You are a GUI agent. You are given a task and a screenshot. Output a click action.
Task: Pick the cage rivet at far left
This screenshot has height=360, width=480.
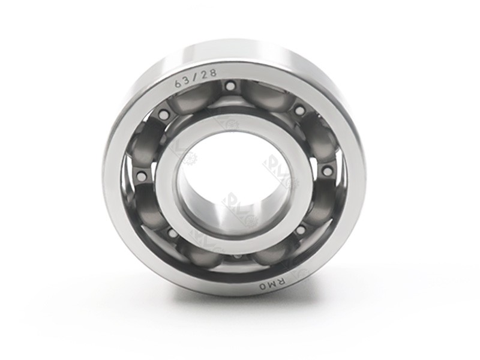pyautogui.click(x=141, y=176)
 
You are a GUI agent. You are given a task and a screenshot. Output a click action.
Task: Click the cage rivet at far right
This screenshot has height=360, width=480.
pyautogui.click(x=327, y=172)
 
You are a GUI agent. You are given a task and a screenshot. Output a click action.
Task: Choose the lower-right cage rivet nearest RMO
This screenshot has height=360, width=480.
pyautogui.click(x=299, y=230)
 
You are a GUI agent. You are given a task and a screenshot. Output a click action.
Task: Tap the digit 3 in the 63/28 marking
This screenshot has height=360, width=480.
pyautogui.click(x=187, y=81)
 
